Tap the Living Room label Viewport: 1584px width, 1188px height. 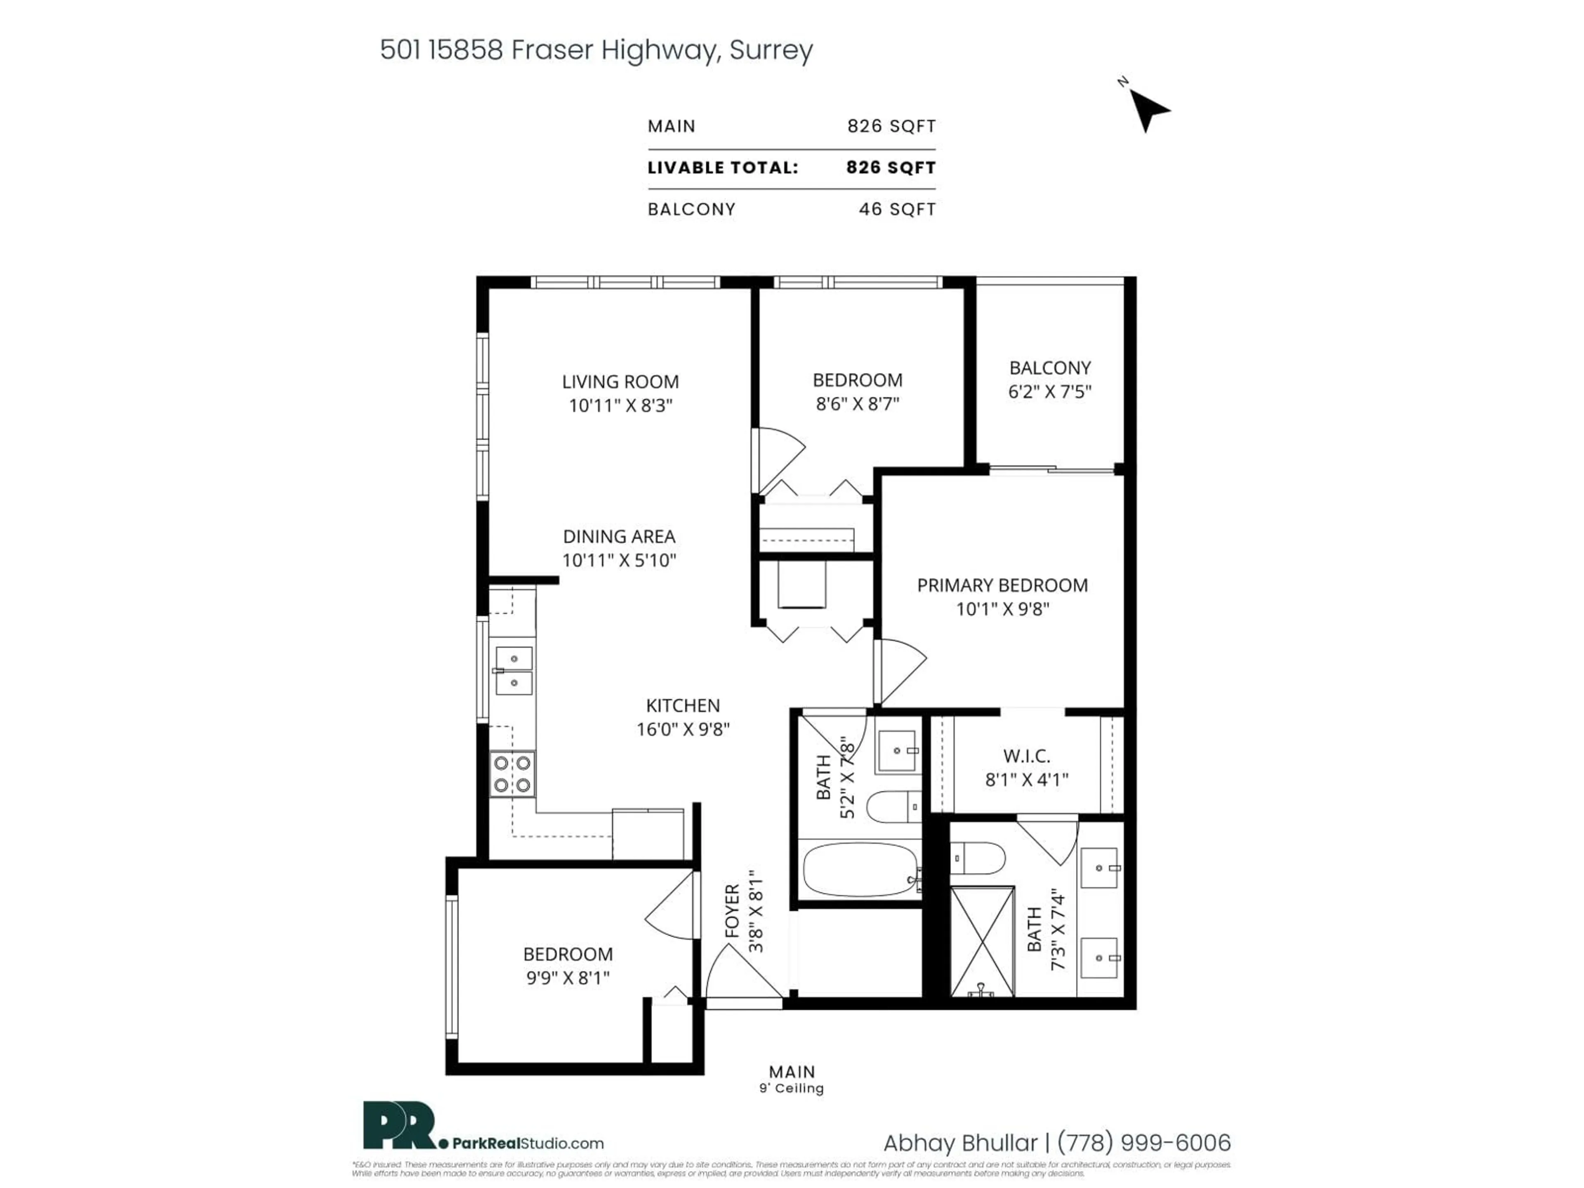(620, 382)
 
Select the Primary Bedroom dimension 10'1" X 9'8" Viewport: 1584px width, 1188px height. (1002, 609)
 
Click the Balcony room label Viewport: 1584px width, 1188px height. (1050, 368)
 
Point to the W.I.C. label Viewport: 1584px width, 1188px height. (1026, 755)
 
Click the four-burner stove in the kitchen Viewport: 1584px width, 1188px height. (512, 774)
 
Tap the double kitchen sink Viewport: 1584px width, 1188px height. (514, 671)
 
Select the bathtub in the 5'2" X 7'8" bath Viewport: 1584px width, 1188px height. (859, 869)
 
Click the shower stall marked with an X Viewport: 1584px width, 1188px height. (982, 941)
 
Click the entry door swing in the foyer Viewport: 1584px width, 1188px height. (741, 974)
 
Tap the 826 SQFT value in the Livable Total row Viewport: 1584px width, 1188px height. (891, 167)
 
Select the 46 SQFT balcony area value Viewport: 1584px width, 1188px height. (897, 209)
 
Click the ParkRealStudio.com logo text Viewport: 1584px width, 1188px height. (528, 1143)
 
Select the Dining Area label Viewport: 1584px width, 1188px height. (619, 536)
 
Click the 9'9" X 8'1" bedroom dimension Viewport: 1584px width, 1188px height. (568, 978)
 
